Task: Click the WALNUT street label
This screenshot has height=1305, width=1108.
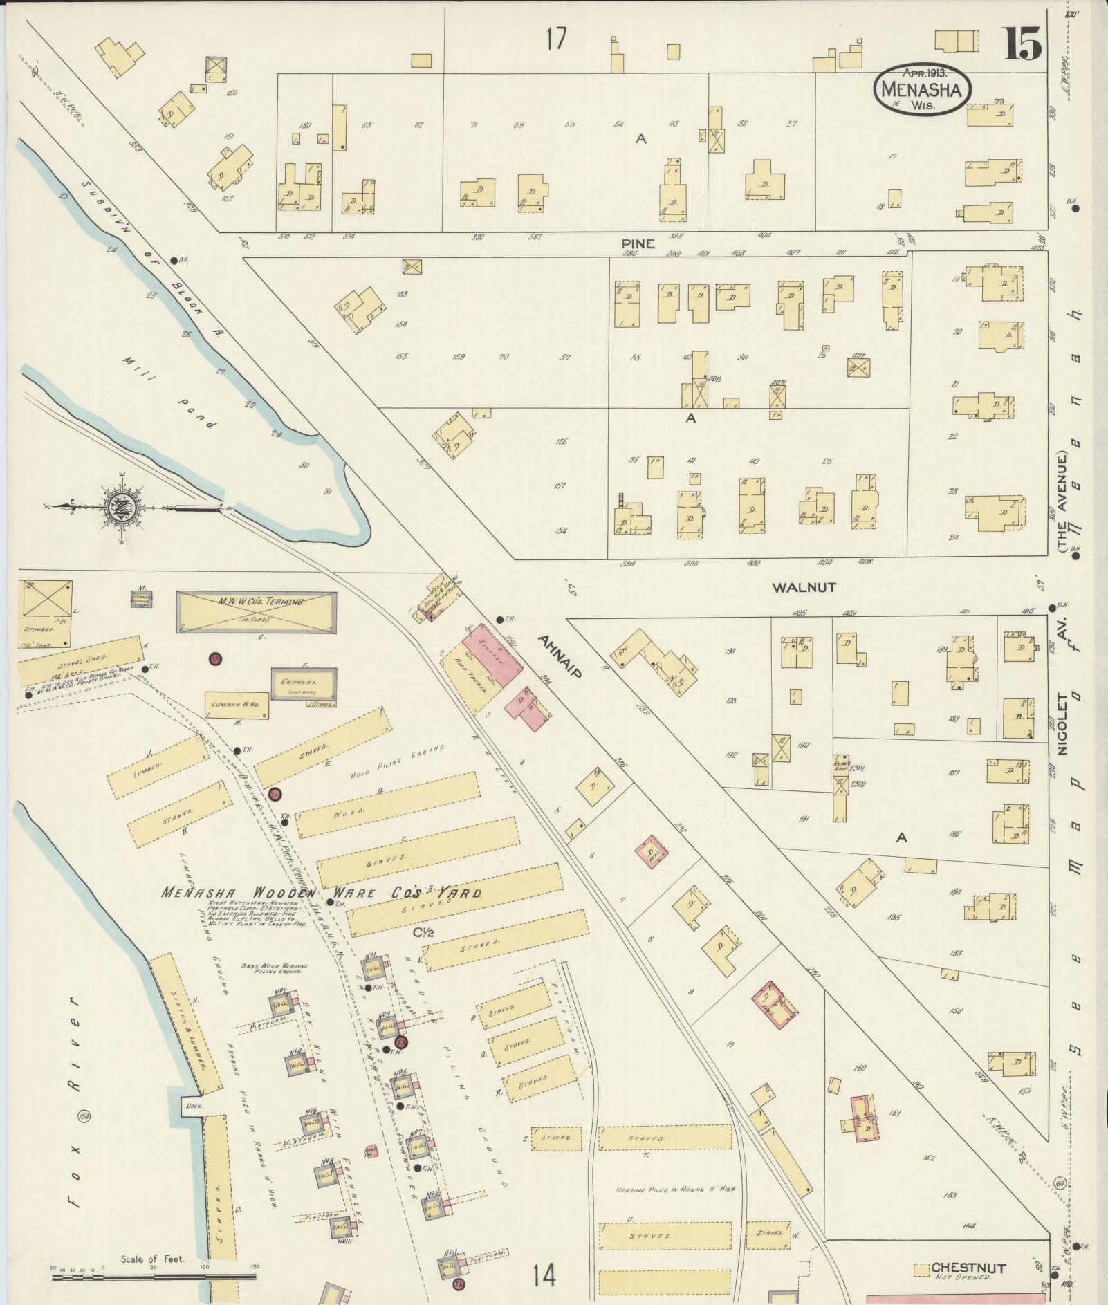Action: pyautogui.click(x=804, y=588)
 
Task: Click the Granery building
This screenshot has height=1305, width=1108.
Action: pyautogui.click(x=303, y=683)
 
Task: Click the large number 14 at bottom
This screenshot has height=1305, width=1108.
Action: pyautogui.click(x=544, y=1273)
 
